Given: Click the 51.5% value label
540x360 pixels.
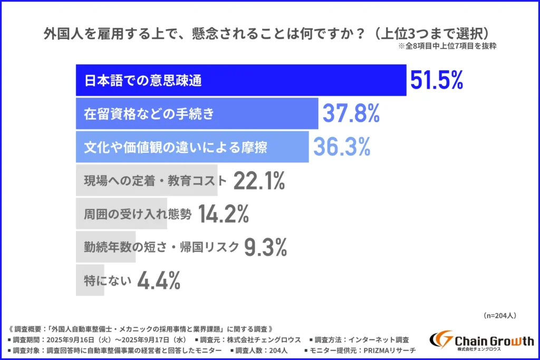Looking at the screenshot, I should tap(436, 81).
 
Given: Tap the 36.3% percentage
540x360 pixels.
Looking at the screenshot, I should tap(342, 147).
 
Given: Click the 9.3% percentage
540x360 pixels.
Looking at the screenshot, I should tap(266, 247).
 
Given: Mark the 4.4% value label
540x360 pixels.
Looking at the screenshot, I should tap(159, 280).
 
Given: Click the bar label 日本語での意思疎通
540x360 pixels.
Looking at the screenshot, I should tap(143, 81).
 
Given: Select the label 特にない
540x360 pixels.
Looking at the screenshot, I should tap(107, 280).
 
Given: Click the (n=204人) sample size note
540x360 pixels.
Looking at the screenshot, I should tap(499, 315).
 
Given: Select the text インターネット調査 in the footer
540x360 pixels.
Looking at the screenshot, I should tap(375, 340).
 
